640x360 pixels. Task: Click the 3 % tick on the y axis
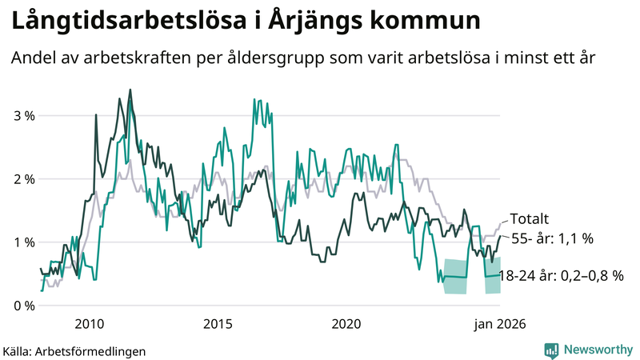click(x=23, y=115)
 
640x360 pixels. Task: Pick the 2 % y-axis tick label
click(x=23, y=178)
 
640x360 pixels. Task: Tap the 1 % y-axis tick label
click(x=23, y=242)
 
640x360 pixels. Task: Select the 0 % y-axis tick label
click(x=23, y=305)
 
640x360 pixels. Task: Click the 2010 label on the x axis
click(x=88, y=324)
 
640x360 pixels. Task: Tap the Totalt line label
click(x=529, y=218)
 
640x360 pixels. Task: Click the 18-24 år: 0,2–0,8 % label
click(x=560, y=275)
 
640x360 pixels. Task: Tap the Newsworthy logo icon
click(x=551, y=350)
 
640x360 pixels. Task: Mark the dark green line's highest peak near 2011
click(x=130, y=90)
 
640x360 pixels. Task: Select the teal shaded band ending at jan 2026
click(x=492, y=274)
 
